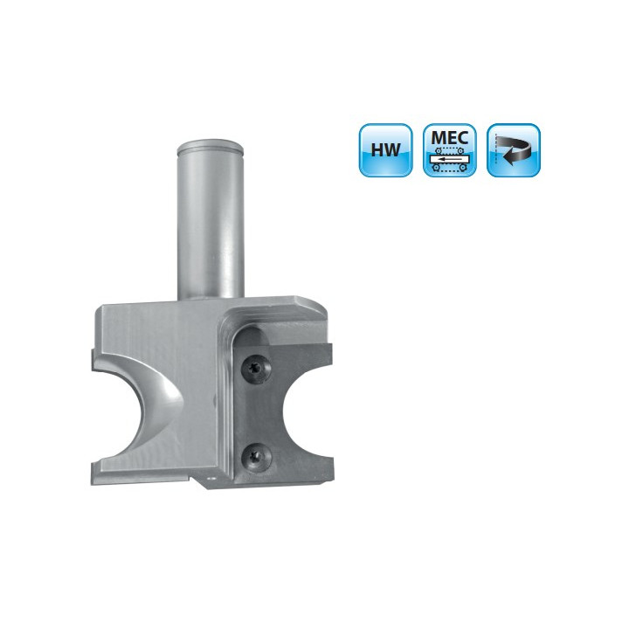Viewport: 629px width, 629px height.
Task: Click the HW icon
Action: (385, 150)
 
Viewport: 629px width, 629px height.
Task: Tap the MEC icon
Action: (450, 150)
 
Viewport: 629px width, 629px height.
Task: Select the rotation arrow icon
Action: (514, 150)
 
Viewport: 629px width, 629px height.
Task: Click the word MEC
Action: (450, 138)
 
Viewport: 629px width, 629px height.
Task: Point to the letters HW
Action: (385, 149)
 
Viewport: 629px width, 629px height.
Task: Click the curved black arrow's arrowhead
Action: (508, 156)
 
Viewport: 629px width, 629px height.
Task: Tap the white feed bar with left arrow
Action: (450, 159)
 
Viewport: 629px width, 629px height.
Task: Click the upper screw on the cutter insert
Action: (256, 369)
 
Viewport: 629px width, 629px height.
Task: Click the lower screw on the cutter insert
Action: (256, 457)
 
